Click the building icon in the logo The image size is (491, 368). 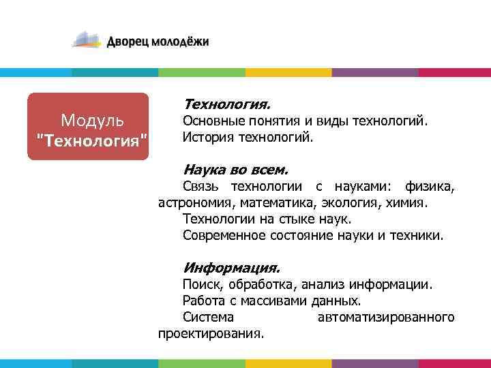point(87,40)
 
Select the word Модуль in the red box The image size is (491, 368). point(92,121)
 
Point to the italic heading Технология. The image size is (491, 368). point(226,105)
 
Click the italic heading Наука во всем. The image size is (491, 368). point(236,169)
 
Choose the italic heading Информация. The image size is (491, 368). point(231,268)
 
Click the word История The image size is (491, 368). point(207,138)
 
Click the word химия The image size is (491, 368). point(409,203)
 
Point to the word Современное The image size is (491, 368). point(224,236)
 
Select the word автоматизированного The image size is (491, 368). point(386,318)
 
